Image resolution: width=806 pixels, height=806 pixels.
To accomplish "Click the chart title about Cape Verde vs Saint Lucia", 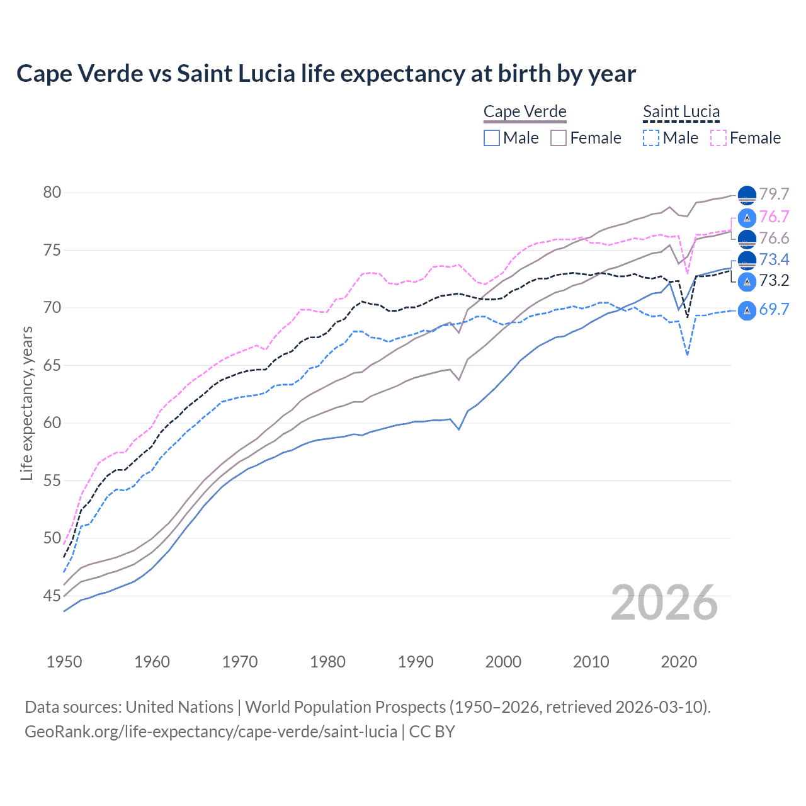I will coord(326,74).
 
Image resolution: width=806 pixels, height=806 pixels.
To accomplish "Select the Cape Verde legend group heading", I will coord(525,111).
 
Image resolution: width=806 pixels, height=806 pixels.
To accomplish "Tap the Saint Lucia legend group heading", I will coord(681,111).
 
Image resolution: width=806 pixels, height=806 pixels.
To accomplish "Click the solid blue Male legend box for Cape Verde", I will coord(492,138).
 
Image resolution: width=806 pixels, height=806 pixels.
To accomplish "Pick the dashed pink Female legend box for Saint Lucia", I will coord(718,138).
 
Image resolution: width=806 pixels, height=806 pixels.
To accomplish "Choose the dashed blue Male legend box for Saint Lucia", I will coord(651,138).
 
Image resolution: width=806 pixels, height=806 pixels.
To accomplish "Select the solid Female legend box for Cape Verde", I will coord(559,138).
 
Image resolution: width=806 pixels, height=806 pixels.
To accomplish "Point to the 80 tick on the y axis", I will coord(52,193).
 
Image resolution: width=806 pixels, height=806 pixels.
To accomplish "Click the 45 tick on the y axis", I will coord(52,596).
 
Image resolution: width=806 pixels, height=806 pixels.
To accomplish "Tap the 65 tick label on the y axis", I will coord(52,365).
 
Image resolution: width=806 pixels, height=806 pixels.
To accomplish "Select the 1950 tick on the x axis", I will coord(64,662).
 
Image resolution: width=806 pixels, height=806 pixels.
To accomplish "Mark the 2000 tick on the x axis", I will coord(503,662).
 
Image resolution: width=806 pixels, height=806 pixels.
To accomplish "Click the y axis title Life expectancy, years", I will coord(26,404).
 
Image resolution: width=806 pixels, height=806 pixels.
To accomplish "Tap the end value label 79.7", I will coord(774,195).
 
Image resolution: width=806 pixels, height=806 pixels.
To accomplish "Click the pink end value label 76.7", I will coord(774,217).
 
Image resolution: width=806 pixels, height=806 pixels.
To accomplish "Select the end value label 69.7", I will coord(774,309).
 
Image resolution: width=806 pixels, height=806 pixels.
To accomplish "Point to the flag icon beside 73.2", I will coord(747,281).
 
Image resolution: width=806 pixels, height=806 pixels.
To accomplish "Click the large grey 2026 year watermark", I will coord(664,603).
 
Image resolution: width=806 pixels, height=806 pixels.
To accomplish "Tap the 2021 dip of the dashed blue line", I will coord(687,355).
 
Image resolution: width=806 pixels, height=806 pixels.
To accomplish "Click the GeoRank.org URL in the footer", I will coord(211,732).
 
